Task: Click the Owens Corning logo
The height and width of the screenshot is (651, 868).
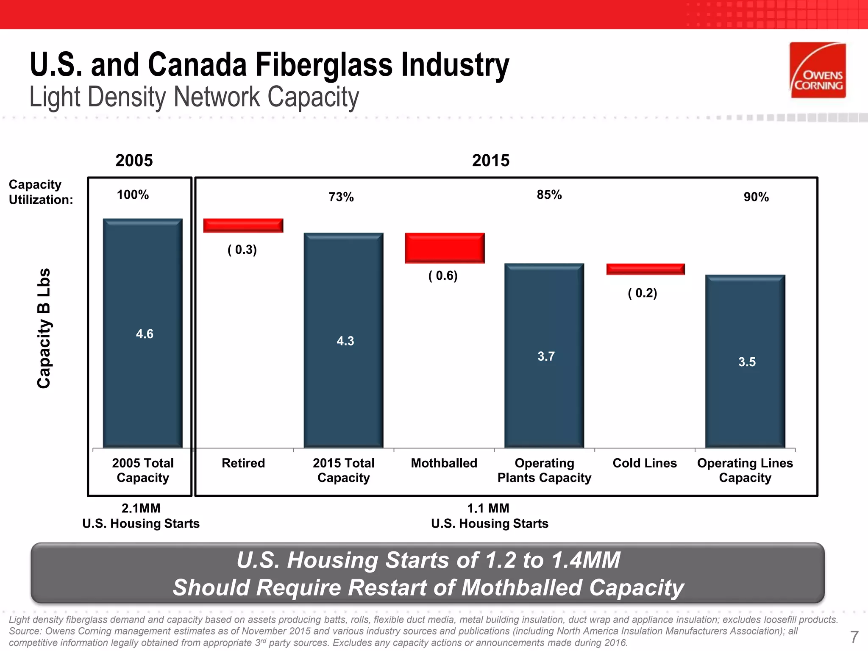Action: click(x=818, y=70)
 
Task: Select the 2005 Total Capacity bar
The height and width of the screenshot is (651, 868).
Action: click(x=143, y=333)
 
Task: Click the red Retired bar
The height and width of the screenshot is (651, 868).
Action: click(x=243, y=225)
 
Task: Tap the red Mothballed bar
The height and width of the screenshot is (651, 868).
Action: click(x=445, y=248)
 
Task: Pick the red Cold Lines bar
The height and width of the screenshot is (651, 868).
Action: click(x=645, y=269)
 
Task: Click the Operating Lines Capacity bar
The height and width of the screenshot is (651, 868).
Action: click(x=745, y=361)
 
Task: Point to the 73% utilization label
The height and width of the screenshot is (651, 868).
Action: click(x=341, y=197)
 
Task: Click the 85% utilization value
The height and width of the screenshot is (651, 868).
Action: click(x=549, y=195)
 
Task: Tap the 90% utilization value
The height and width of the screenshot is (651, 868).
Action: click(x=756, y=197)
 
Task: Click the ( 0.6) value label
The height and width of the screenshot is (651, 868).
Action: click(x=443, y=276)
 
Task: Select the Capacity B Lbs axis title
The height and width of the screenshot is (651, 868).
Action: click(x=44, y=328)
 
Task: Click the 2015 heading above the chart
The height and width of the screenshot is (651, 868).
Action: click(x=490, y=161)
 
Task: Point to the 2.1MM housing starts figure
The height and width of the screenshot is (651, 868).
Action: click(x=141, y=508)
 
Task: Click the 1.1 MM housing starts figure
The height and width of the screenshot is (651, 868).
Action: click(x=488, y=508)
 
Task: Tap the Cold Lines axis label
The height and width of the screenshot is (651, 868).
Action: click(x=645, y=463)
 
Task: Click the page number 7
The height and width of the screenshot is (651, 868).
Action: click(x=854, y=637)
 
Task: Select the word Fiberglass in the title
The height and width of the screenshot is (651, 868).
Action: click(x=324, y=65)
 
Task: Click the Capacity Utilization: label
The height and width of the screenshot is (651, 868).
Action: click(x=41, y=192)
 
